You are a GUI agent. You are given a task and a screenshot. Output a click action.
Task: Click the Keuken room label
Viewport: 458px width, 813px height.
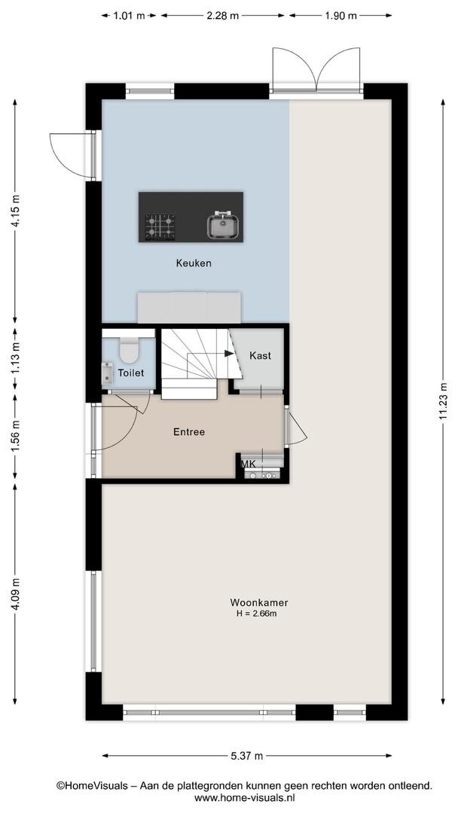pos(194,263)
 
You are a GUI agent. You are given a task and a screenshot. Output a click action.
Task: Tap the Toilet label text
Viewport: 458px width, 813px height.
pos(131,373)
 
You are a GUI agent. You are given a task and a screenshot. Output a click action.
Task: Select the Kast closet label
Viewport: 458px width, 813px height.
pos(260,355)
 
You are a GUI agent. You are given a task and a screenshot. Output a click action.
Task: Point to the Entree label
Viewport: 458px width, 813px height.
pos(189,432)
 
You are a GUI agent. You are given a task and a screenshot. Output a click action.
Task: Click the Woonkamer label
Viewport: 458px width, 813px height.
pos(259,602)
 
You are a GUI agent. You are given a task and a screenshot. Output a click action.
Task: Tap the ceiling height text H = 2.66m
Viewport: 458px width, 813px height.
pos(256,614)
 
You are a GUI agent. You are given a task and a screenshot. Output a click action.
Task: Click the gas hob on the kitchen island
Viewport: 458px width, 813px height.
pos(160,227)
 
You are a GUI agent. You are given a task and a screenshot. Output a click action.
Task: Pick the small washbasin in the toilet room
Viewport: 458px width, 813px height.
pos(108,373)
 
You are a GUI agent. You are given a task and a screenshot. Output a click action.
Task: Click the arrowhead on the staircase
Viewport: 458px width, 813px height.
pos(229,354)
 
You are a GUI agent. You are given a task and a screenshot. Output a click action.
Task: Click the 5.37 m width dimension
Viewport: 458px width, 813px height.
pos(246,756)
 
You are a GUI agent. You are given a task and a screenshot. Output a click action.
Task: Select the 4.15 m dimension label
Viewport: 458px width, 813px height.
pos(16,211)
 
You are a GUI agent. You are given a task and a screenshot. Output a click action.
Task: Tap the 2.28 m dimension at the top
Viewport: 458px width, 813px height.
pos(222,16)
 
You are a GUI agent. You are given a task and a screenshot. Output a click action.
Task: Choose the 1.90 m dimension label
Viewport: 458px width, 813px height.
pos(340,16)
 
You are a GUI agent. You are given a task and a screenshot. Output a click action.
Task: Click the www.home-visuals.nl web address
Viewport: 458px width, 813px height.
pos(245,798)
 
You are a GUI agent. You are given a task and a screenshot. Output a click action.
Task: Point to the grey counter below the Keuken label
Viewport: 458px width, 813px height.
pos(189,307)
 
